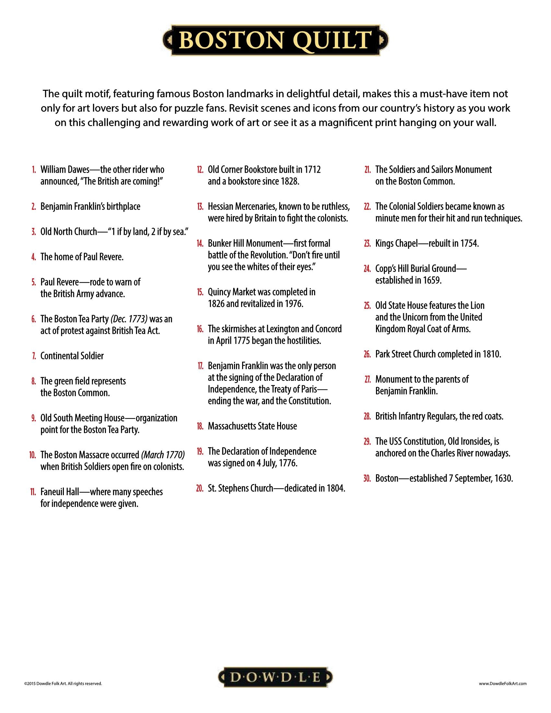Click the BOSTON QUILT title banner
click(x=275, y=40)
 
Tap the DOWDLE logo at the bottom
click(x=275, y=678)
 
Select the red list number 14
click(x=200, y=243)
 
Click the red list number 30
click(x=367, y=479)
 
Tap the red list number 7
click(x=34, y=356)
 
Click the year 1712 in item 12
click(x=312, y=170)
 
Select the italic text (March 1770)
click(x=163, y=455)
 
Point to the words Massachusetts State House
click(x=252, y=426)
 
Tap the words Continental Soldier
click(x=72, y=356)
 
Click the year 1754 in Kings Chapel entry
click(x=469, y=243)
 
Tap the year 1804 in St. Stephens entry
click(x=335, y=488)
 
